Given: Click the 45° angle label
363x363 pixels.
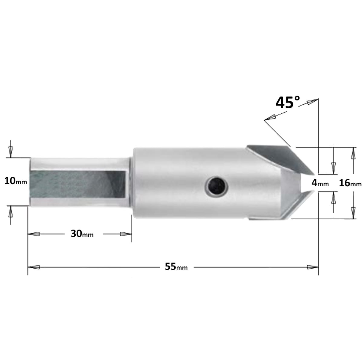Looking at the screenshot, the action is tap(288, 102).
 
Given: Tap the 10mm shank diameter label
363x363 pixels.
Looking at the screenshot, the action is tap(16, 181).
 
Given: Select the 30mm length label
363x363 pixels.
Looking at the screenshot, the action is tap(82, 234).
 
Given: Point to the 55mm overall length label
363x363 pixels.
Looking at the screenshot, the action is tap(176, 267).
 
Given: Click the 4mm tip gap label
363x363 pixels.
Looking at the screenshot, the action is tap(320, 183).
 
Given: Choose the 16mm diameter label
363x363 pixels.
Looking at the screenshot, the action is tap(350, 183).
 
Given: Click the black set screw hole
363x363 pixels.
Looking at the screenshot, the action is tap(217, 187).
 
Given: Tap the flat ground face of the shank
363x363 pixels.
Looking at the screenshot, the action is tap(78, 184).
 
